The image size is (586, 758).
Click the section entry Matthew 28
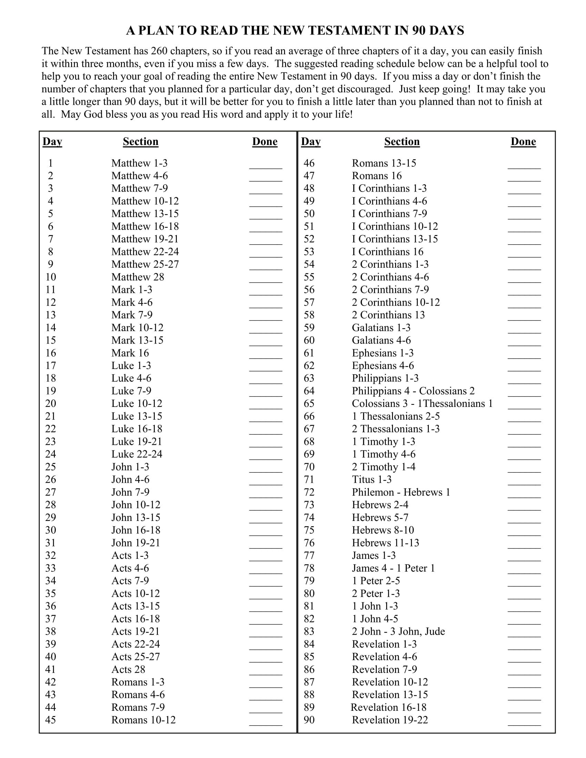tap(138, 277)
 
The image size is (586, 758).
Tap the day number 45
tap(50, 720)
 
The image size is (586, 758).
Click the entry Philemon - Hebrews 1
tap(401, 492)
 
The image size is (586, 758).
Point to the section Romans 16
tap(376, 176)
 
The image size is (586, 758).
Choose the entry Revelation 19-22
tap(390, 720)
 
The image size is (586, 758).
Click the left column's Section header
tap(141, 142)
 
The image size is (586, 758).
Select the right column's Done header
tap(523, 142)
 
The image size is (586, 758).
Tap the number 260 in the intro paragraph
tap(159, 51)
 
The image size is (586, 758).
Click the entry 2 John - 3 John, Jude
tap(398, 631)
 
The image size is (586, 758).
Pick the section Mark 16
tap(130, 353)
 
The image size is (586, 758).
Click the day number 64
tap(309, 391)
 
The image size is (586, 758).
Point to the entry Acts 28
tap(128, 669)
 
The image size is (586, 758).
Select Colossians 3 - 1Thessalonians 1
tap(422, 404)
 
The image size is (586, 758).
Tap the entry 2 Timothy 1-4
tap(383, 467)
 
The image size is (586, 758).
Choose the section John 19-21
tap(135, 543)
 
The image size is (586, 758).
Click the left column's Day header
tap(52, 142)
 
